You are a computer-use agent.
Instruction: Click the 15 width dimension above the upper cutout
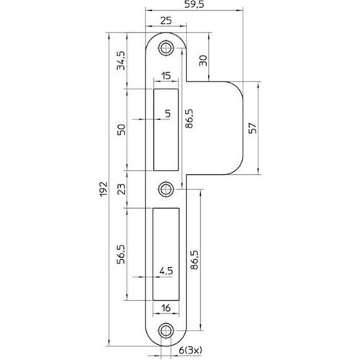[x=166, y=76]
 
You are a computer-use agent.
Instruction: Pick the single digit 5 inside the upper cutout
[x=167, y=113]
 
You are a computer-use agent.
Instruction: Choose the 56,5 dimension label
[x=122, y=253]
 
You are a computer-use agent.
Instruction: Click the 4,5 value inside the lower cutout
[x=166, y=272]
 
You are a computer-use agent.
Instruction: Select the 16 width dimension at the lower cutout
[x=167, y=308]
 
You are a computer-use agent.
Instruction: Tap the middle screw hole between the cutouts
[x=167, y=189]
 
